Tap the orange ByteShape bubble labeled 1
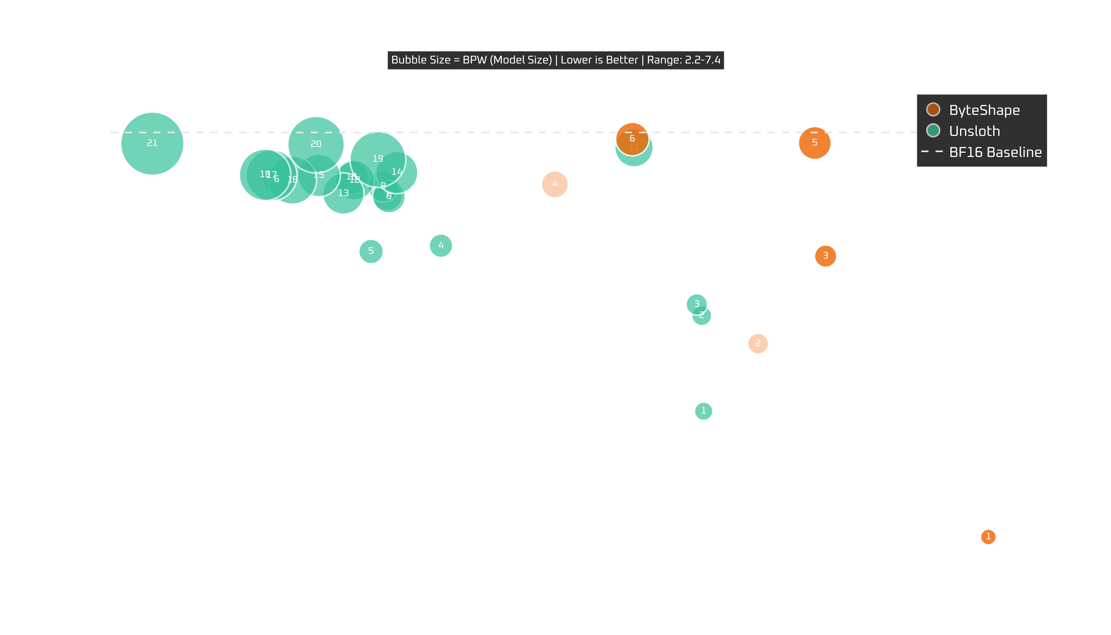pyautogui.click(x=988, y=536)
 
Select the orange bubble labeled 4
pyautogui.click(x=555, y=184)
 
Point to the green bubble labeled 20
pyautogui.click(x=316, y=144)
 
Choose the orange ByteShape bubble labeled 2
pyautogui.click(x=758, y=343)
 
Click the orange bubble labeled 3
pyautogui.click(x=825, y=256)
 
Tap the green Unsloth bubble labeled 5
pyautogui.click(x=371, y=251)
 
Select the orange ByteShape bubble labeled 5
pyautogui.click(x=814, y=143)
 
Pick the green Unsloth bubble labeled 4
pyautogui.click(x=441, y=245)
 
